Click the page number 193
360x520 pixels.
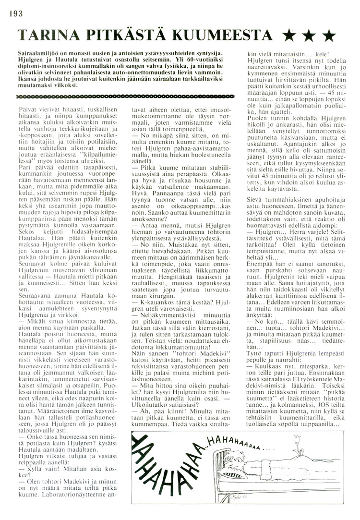15,15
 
